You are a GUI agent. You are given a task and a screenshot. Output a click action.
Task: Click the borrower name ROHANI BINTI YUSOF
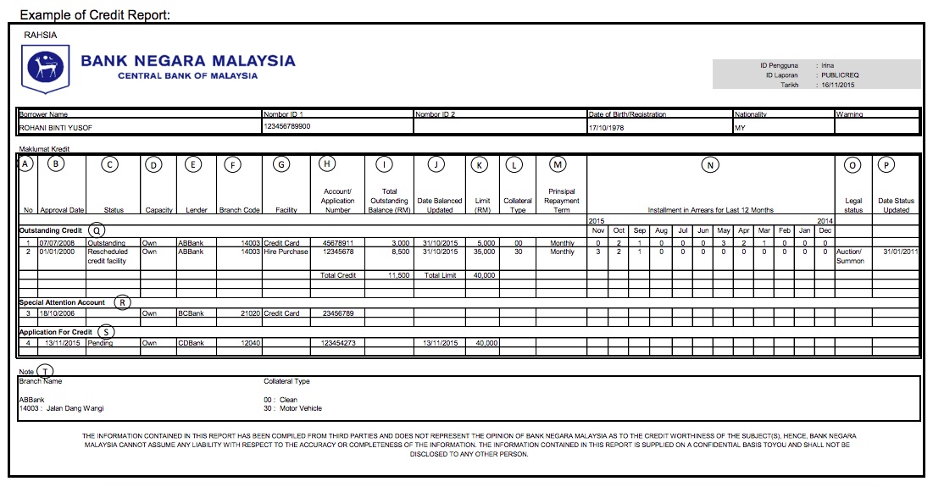tap(56, 127)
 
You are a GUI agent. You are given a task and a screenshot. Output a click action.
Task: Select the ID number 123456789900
tap(287, 126)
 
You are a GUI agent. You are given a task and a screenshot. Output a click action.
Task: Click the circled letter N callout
tap(710, 165)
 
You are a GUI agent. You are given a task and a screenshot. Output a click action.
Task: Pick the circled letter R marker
tap(122, 302)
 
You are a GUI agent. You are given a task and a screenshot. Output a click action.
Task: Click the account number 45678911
tap(337, 243)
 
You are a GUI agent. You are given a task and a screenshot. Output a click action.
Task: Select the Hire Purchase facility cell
tap(286, 252)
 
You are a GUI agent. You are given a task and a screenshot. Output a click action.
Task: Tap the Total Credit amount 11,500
tap(398, 275)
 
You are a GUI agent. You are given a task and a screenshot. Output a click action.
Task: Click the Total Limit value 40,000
tap(481, 275)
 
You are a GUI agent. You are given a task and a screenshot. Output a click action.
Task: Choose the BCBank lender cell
tap(192, 313)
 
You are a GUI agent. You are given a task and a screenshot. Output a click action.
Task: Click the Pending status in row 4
tap(100, 343)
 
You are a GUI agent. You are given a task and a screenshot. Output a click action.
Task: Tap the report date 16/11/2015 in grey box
tap(838, 85)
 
